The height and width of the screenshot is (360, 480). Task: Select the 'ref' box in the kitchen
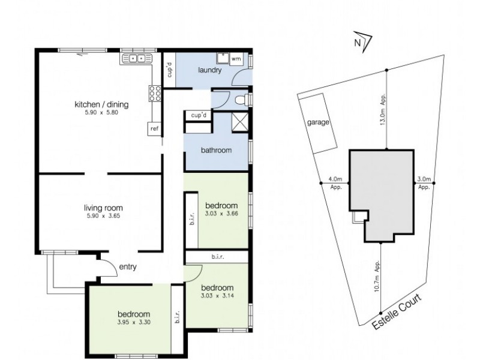tap(154, 128)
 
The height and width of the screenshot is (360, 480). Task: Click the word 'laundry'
tap(210, 70)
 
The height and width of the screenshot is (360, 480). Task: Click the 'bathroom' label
tap(217, 151)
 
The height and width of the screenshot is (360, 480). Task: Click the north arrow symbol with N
tap(361, 42)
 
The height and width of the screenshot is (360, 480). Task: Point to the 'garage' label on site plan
tap(318, 122)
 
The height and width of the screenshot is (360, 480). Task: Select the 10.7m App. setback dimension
tap(377, 277)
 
